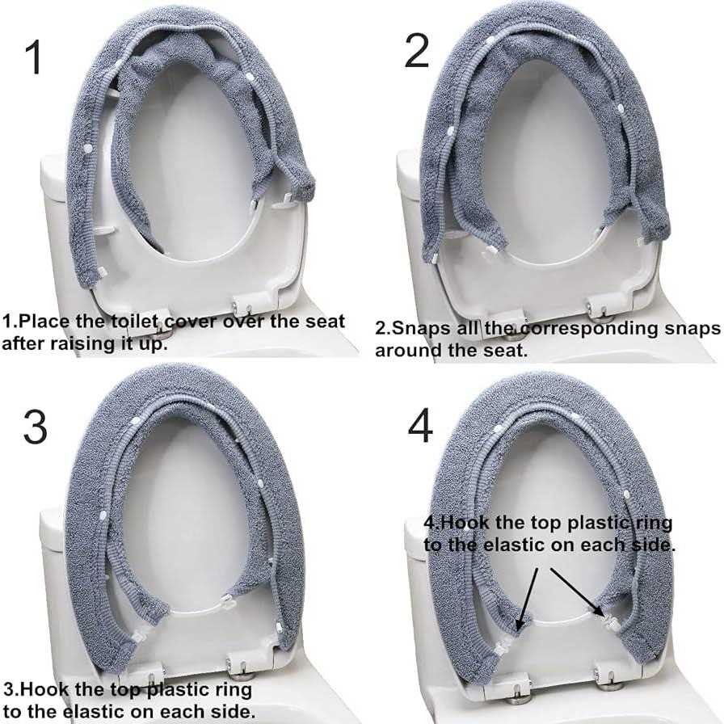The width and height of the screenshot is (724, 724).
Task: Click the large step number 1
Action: click(x=34, y=57)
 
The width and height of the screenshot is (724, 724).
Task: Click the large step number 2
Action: click(x=417, y=51)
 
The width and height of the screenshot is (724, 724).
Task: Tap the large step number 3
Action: click(x=35, y=427)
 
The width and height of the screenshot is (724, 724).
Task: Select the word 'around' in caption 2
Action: click(x=403, y=351)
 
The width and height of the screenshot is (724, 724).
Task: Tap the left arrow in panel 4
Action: click(x=528, y=600)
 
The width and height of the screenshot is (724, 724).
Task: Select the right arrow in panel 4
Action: click(x=577, y=592)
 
